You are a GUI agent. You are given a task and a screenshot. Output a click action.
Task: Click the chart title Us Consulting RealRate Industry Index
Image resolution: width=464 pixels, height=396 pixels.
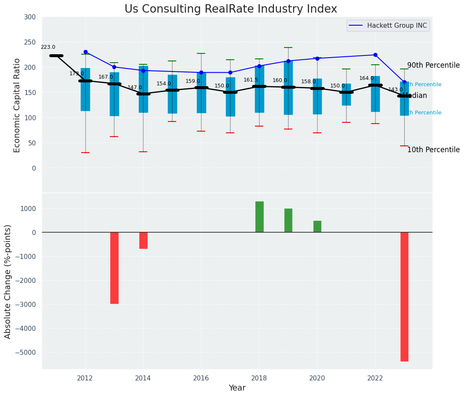click(x=231, y=9)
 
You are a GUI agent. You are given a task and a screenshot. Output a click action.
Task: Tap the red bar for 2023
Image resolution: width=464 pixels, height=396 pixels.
click(x=404, y=296)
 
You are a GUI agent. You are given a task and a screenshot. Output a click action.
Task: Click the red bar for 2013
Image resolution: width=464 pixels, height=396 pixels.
click(x=114, y=268)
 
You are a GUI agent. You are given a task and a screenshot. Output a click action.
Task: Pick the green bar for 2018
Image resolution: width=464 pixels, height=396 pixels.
click(x=259, y=217)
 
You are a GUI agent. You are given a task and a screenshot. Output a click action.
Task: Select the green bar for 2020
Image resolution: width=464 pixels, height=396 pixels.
click(x=317, y=227)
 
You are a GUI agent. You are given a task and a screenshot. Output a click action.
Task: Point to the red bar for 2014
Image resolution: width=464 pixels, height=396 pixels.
click(x=143, y=240)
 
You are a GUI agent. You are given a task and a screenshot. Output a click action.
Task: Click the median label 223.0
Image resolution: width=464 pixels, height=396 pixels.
click(x=48, y=48)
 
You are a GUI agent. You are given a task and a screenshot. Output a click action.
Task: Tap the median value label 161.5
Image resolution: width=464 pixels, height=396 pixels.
click(x=251, y=80)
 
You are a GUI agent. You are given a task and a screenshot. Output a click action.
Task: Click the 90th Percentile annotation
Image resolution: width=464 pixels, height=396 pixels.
click(x=433, y=66)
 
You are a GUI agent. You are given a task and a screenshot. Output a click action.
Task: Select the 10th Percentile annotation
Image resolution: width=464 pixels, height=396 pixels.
click(x=433, y=150)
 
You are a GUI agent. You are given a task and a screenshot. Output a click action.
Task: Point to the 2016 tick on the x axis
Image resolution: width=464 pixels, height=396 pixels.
click(x=201, y=378)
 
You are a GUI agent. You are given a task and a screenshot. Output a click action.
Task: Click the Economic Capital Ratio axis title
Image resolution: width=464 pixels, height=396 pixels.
click(x=17, y=105)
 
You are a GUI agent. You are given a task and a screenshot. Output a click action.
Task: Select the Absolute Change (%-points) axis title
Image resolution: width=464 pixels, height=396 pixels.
click(x=8, y=282)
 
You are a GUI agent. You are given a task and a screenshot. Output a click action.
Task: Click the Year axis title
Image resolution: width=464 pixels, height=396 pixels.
click(x=237, y=388)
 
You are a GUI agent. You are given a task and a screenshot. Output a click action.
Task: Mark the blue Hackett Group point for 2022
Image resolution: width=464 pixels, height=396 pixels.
click(x=375, y=55)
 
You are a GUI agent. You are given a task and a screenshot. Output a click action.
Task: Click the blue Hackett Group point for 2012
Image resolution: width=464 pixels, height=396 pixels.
click(x=85, y=52)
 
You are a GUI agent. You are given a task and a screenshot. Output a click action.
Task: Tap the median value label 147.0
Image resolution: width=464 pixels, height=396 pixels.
click(x=135, y=87)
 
